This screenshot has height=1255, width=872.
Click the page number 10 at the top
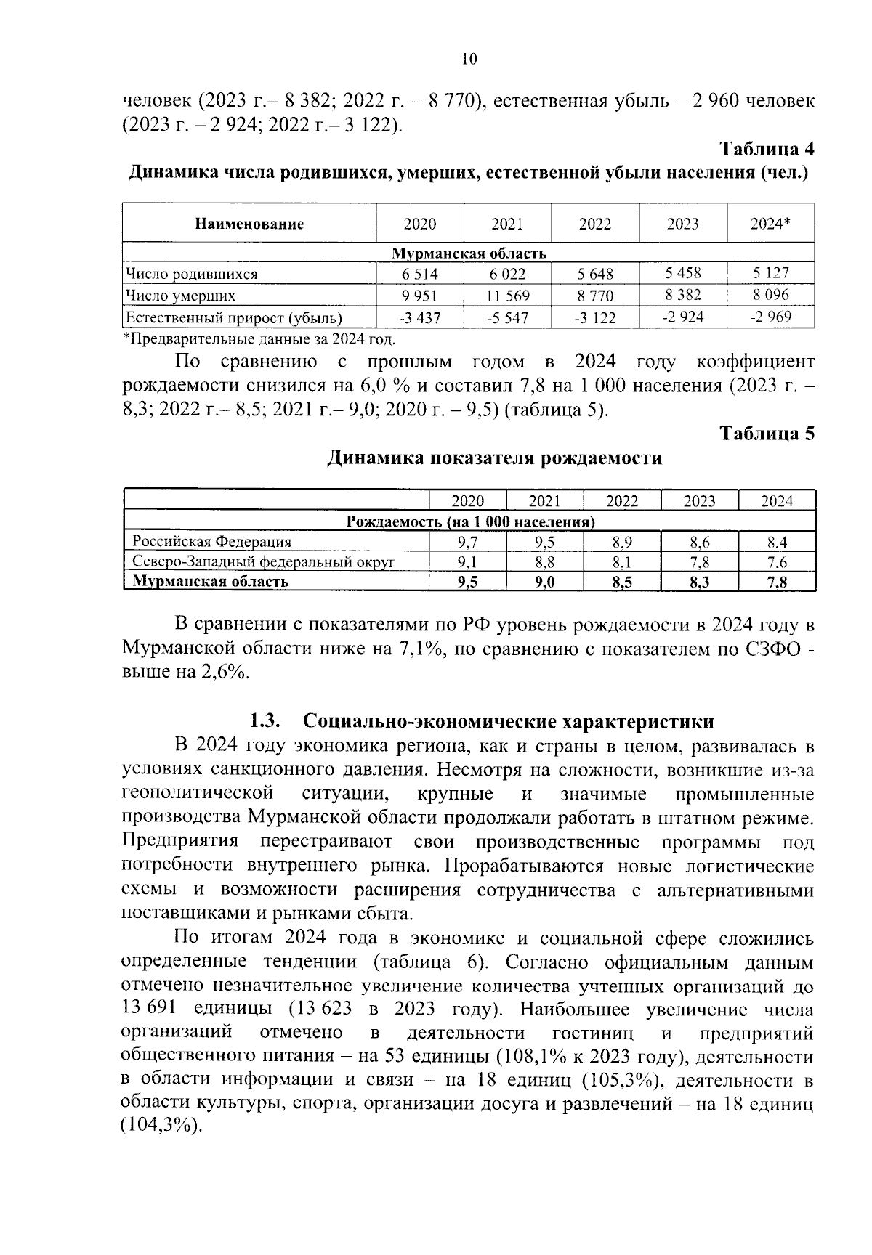[469, 60]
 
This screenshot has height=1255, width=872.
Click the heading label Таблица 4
[767, 149]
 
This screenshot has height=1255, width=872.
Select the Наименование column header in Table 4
[249, 224]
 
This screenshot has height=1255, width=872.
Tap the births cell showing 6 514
[419, 274]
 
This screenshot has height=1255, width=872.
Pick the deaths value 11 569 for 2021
[507, 296]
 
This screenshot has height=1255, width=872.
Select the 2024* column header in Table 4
[770, 224]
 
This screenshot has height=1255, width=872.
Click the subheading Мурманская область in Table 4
[469, 253]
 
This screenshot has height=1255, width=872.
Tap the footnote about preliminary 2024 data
[259, 338]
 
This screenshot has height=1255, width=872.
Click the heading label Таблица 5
[767, 434]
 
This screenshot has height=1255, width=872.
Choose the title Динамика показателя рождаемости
[494, 458]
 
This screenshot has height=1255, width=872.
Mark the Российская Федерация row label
[211, 542]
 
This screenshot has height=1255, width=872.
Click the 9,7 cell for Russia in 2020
[468, 542]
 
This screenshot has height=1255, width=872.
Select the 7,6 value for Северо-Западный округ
[776, 562]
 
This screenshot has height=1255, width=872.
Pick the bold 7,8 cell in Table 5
[776, 582]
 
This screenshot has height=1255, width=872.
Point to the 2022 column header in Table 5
[622, 501]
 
